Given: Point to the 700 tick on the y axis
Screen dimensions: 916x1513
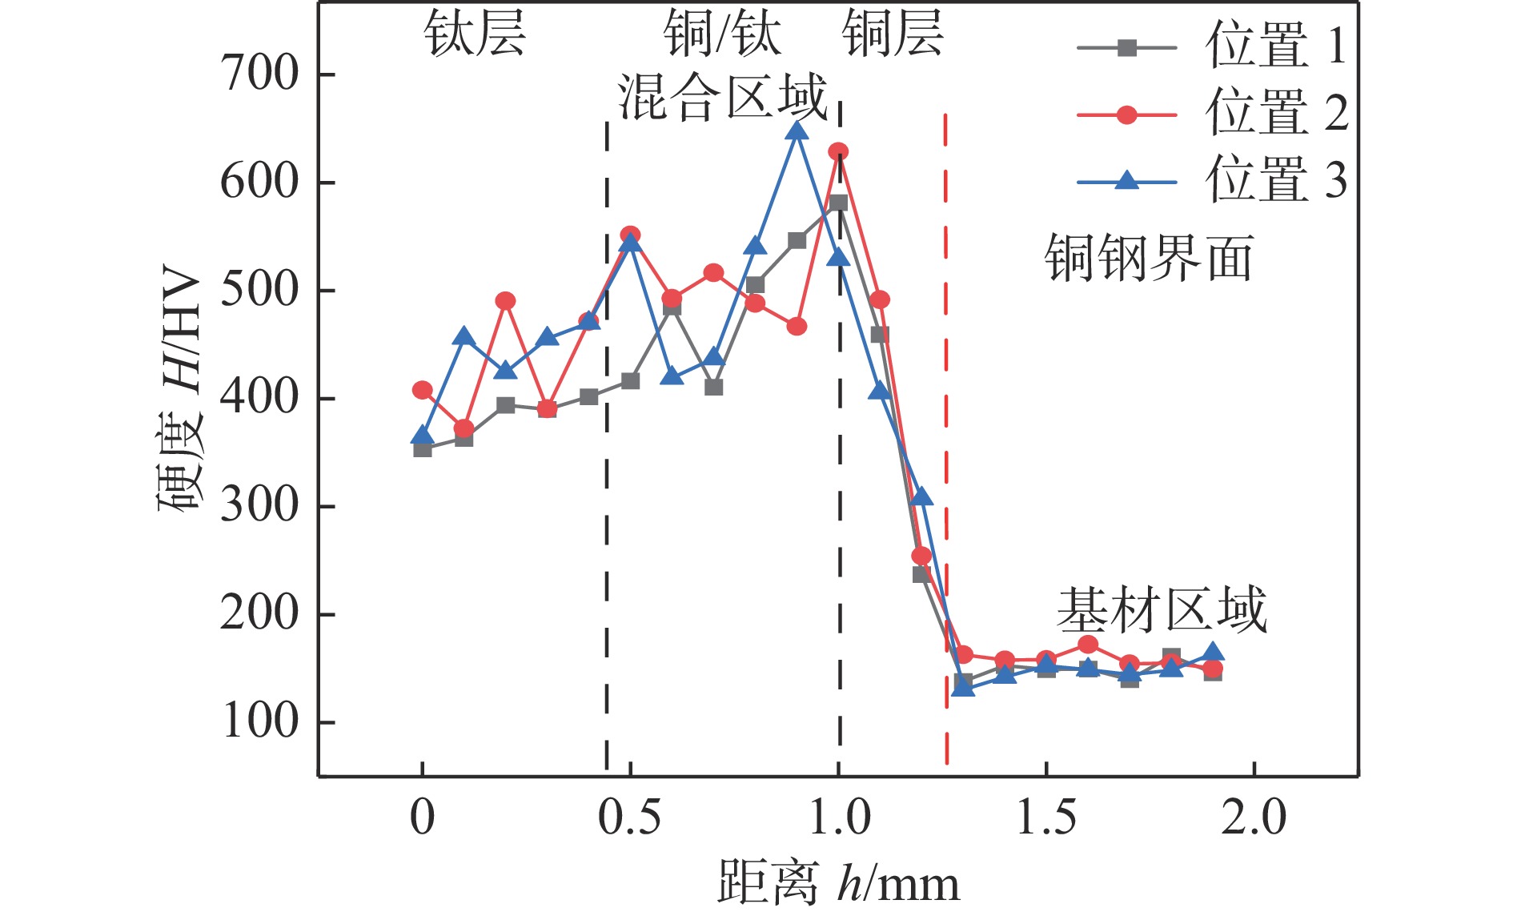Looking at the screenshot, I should [259, 74].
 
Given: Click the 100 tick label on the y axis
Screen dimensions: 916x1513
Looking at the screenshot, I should [259, 722].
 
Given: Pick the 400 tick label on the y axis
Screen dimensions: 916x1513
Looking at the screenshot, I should [259, 398].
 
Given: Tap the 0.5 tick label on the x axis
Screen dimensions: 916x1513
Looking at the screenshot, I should [630, 818].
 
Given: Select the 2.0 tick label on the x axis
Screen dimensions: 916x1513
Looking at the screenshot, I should [1254, 818].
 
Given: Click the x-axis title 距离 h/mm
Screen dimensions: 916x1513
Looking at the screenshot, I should [837, 883].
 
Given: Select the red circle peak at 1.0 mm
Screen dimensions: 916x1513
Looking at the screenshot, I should [838, 152].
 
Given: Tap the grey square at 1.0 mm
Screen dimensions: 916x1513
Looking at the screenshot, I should [838, 203].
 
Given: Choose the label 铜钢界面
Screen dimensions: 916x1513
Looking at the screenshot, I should [1149, 259].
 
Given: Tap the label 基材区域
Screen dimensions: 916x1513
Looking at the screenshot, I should [1162, 610].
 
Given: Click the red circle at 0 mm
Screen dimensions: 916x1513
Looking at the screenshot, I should [423, 391].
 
